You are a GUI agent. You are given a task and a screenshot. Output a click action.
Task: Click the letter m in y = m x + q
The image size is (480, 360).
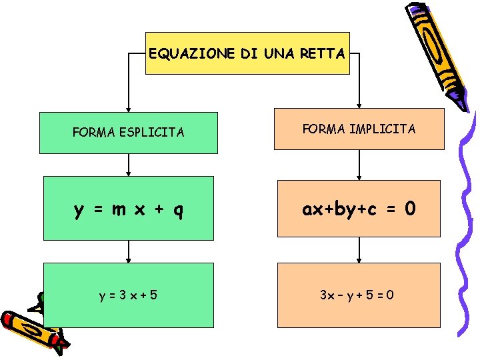pyautogui.click(x=119, y=210)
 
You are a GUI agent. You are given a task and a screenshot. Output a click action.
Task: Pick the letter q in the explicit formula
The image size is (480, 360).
pyautogui.click(x=178, y=211)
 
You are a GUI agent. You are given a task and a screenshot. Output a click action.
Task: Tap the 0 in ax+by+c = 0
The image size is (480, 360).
pyautogui.click(x=410, y=209)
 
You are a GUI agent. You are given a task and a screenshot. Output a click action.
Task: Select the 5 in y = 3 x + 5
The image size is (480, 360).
pyautogui.click(x=154, y=293)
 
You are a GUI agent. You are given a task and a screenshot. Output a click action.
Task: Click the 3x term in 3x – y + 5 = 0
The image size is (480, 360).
pyautogui.click(x=327, y=293)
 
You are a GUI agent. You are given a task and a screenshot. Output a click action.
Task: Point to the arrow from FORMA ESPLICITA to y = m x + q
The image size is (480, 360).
pyautogui.click(x=129, y=165)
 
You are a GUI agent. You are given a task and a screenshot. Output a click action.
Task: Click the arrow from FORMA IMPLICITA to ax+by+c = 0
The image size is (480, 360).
pyautogui.click(x=360, y=165)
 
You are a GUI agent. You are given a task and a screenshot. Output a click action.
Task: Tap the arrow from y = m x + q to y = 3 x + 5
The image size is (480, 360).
pyautogui.click(x=129, y=251)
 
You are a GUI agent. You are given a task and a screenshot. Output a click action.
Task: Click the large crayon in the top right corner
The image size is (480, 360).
pyautogui.click(x=437, y=53)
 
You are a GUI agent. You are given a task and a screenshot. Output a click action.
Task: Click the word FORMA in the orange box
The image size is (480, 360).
pyautogui.click(x=319, y=129)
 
